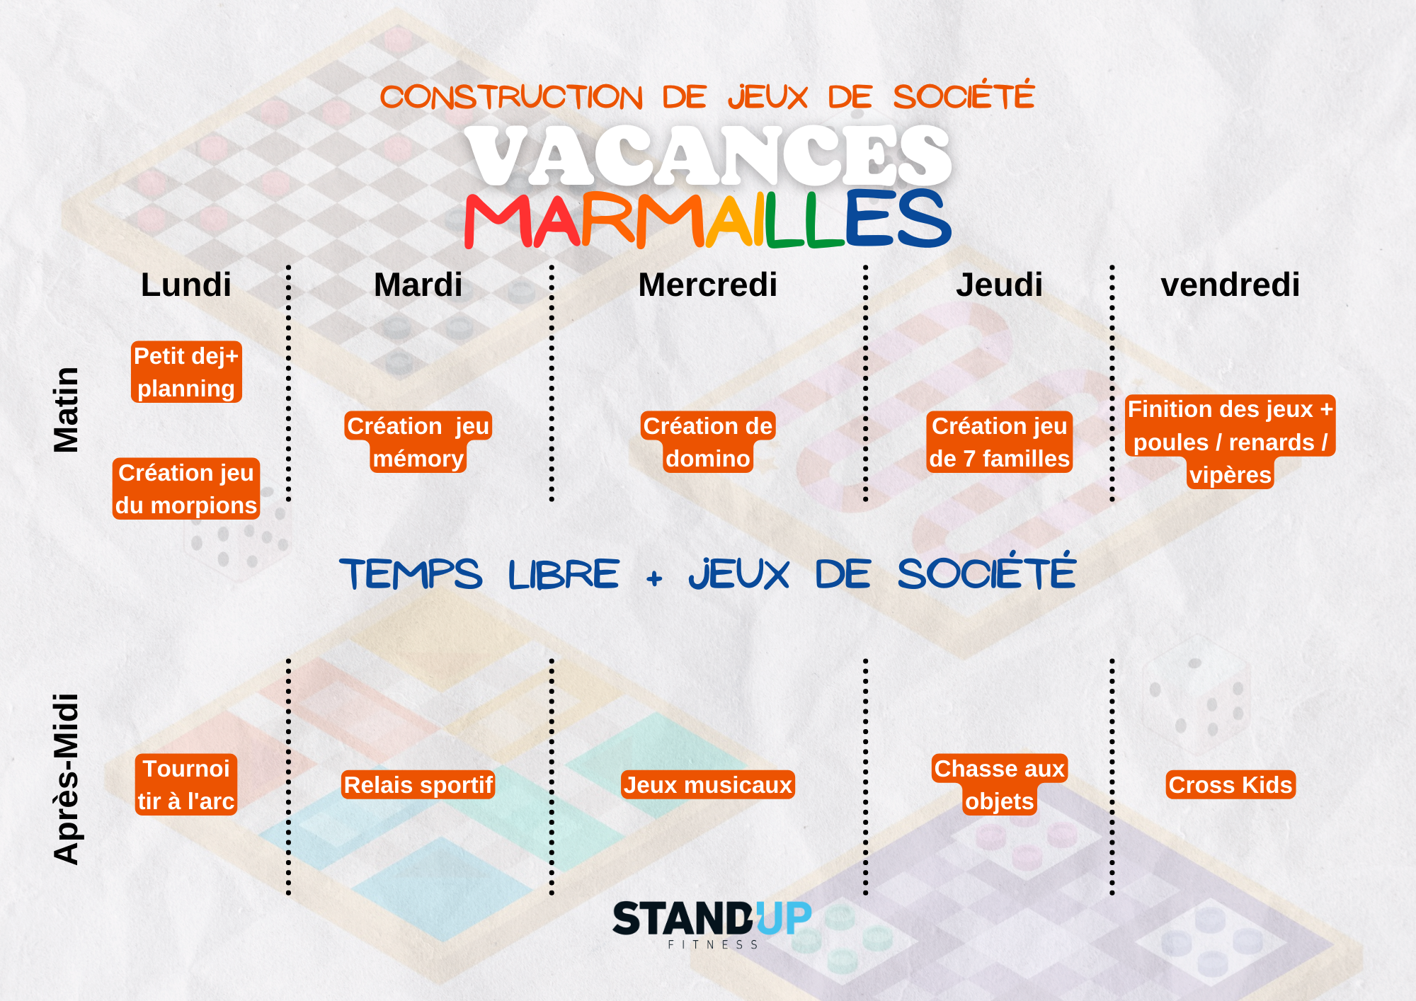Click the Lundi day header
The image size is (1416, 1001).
[x=186, y=285]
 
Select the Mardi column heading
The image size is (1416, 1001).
[x=418, y=285]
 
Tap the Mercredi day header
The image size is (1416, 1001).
[x=707, y=285]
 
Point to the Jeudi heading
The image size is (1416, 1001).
[x=999, y=285]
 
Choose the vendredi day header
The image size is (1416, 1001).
[x=1230, y=285]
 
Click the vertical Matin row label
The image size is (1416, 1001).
[x=67, y=410]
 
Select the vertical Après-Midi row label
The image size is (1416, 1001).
[x=67, y=779]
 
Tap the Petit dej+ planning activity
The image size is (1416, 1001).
[x=186, y=372]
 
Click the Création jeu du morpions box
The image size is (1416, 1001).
[x=186, y=488]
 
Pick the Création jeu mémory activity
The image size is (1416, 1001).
[x=418, y=442]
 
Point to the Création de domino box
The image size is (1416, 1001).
[x=708, y=442]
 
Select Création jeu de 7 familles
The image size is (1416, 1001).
[x=999, y=442]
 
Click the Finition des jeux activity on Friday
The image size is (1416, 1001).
[x=1230, y=442]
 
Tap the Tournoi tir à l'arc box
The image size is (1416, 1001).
[x=186, y=784]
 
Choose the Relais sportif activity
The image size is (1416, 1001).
[x=418, y=784]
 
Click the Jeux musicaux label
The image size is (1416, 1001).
[x=708, y=784]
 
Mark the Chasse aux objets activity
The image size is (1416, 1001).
[x=999, y=784]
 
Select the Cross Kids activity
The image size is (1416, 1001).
[x=1231, y=784]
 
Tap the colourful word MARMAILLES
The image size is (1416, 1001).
[x=708, y=219]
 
